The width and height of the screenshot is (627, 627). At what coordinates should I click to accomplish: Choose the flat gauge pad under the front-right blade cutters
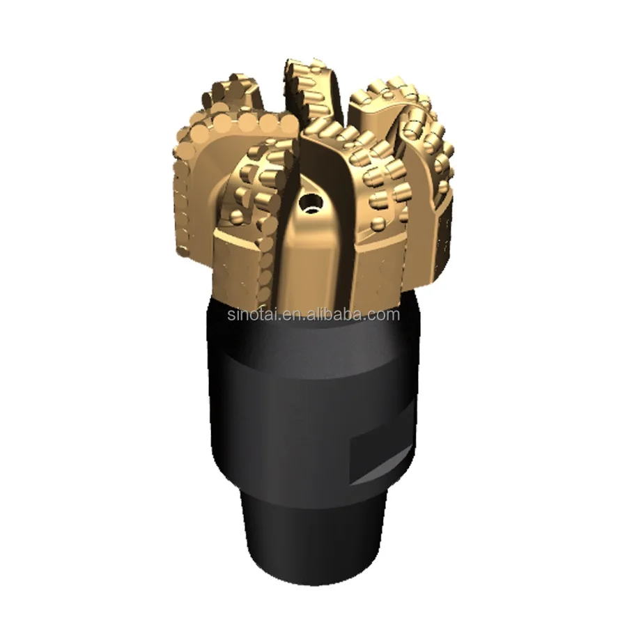coord(380,265)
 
